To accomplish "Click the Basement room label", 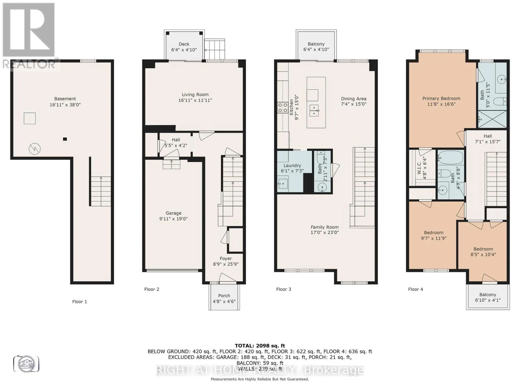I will coord(65,98).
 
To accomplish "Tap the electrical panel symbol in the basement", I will coord(35,149).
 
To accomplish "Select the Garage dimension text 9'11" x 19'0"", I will coord(173,219).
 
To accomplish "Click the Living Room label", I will coord(195,95).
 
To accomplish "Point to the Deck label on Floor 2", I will coord(184,44).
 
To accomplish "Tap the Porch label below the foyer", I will coord(224,295).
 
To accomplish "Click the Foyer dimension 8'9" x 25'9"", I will coord(226,264).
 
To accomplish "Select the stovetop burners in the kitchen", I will coord(282,107).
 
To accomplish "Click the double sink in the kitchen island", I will coord(314,110).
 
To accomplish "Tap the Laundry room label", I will coord(292,165).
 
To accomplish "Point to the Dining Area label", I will coord(354,99).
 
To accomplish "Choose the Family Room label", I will coord(324,227).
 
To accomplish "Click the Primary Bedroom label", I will coord(441,98).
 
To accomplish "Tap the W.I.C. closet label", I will coord(419,168).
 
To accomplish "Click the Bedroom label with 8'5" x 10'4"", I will coord(483,249).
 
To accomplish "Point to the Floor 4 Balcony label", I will coord(487,294).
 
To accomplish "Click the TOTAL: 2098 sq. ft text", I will coord(260,345).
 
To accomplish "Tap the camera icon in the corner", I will coord(26,364).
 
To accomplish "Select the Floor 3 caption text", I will coord(283,289).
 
